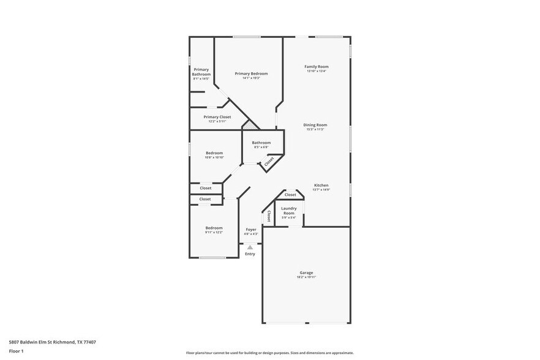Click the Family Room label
click(x=317, y=66)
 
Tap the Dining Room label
click(x=315, y=125)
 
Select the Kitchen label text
click(x=321, y=185)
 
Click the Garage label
click(x=306, y=272)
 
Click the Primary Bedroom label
click(x=251, y=73)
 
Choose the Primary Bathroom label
click(x=201, y=72)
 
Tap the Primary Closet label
click(x=217, y=116)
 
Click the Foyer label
click(x=251, y=230)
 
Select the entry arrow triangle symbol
click(x=250, y=247)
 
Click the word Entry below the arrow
click(x=250, y=253)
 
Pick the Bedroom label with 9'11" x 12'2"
click(x=214, y=228)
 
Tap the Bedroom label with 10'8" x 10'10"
click(x=214, y=153)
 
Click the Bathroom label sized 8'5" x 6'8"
click(x=261, y=143)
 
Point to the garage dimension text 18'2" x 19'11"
click(x=306, y=277)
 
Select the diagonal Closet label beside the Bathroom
click(x=269, y=161)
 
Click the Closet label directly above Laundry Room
click(x=290, y=195)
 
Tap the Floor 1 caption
click(x=16, y=351)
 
